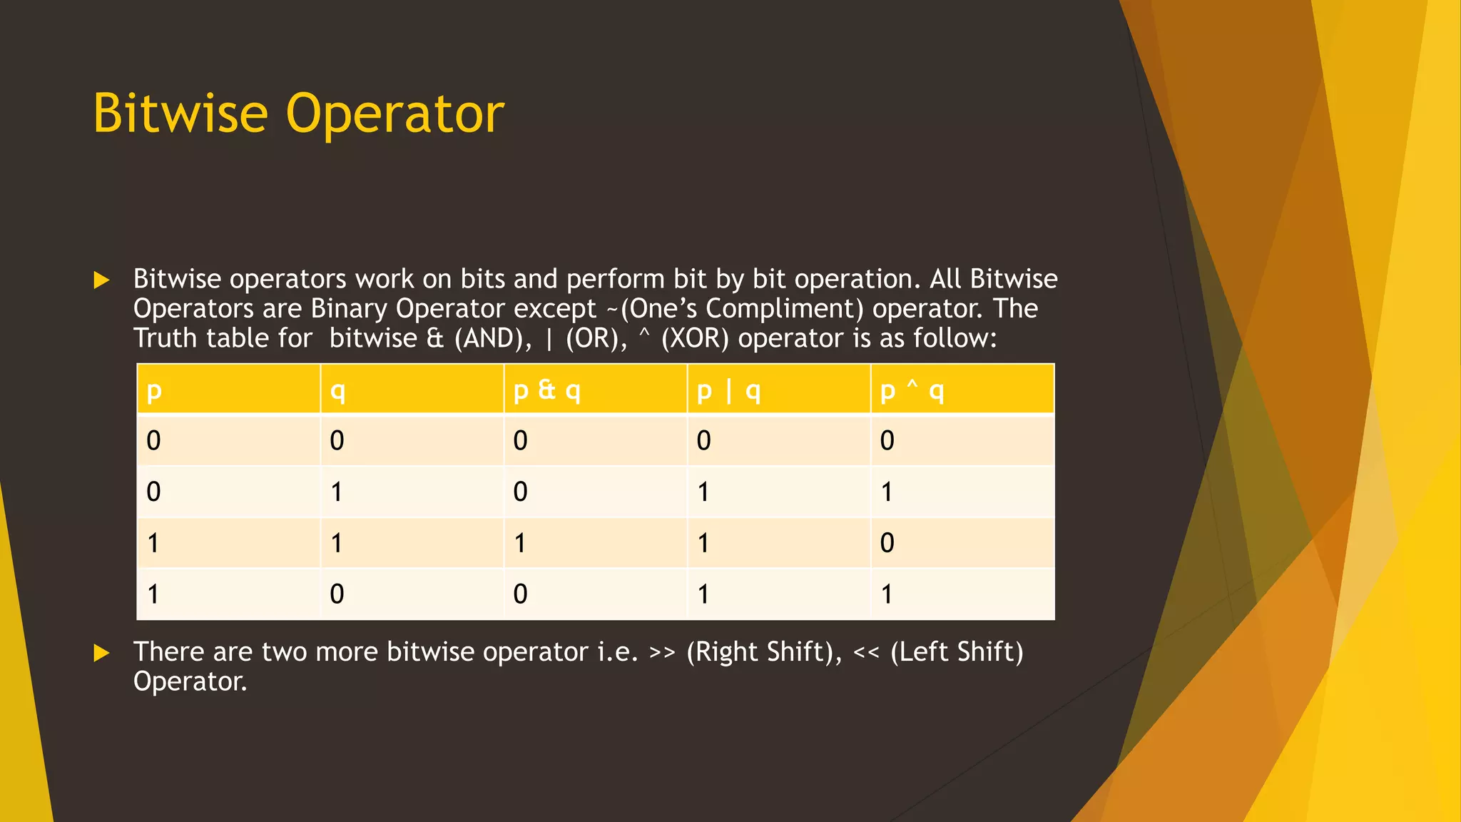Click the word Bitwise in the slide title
[x=180, y=113]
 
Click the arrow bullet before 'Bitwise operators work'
[x=101, y=280]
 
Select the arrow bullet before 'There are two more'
[x=101, y=653]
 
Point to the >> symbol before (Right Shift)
[x=662, y=652]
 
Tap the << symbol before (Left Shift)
[x=866, y=652]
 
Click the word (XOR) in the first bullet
[x=695, y=338]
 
